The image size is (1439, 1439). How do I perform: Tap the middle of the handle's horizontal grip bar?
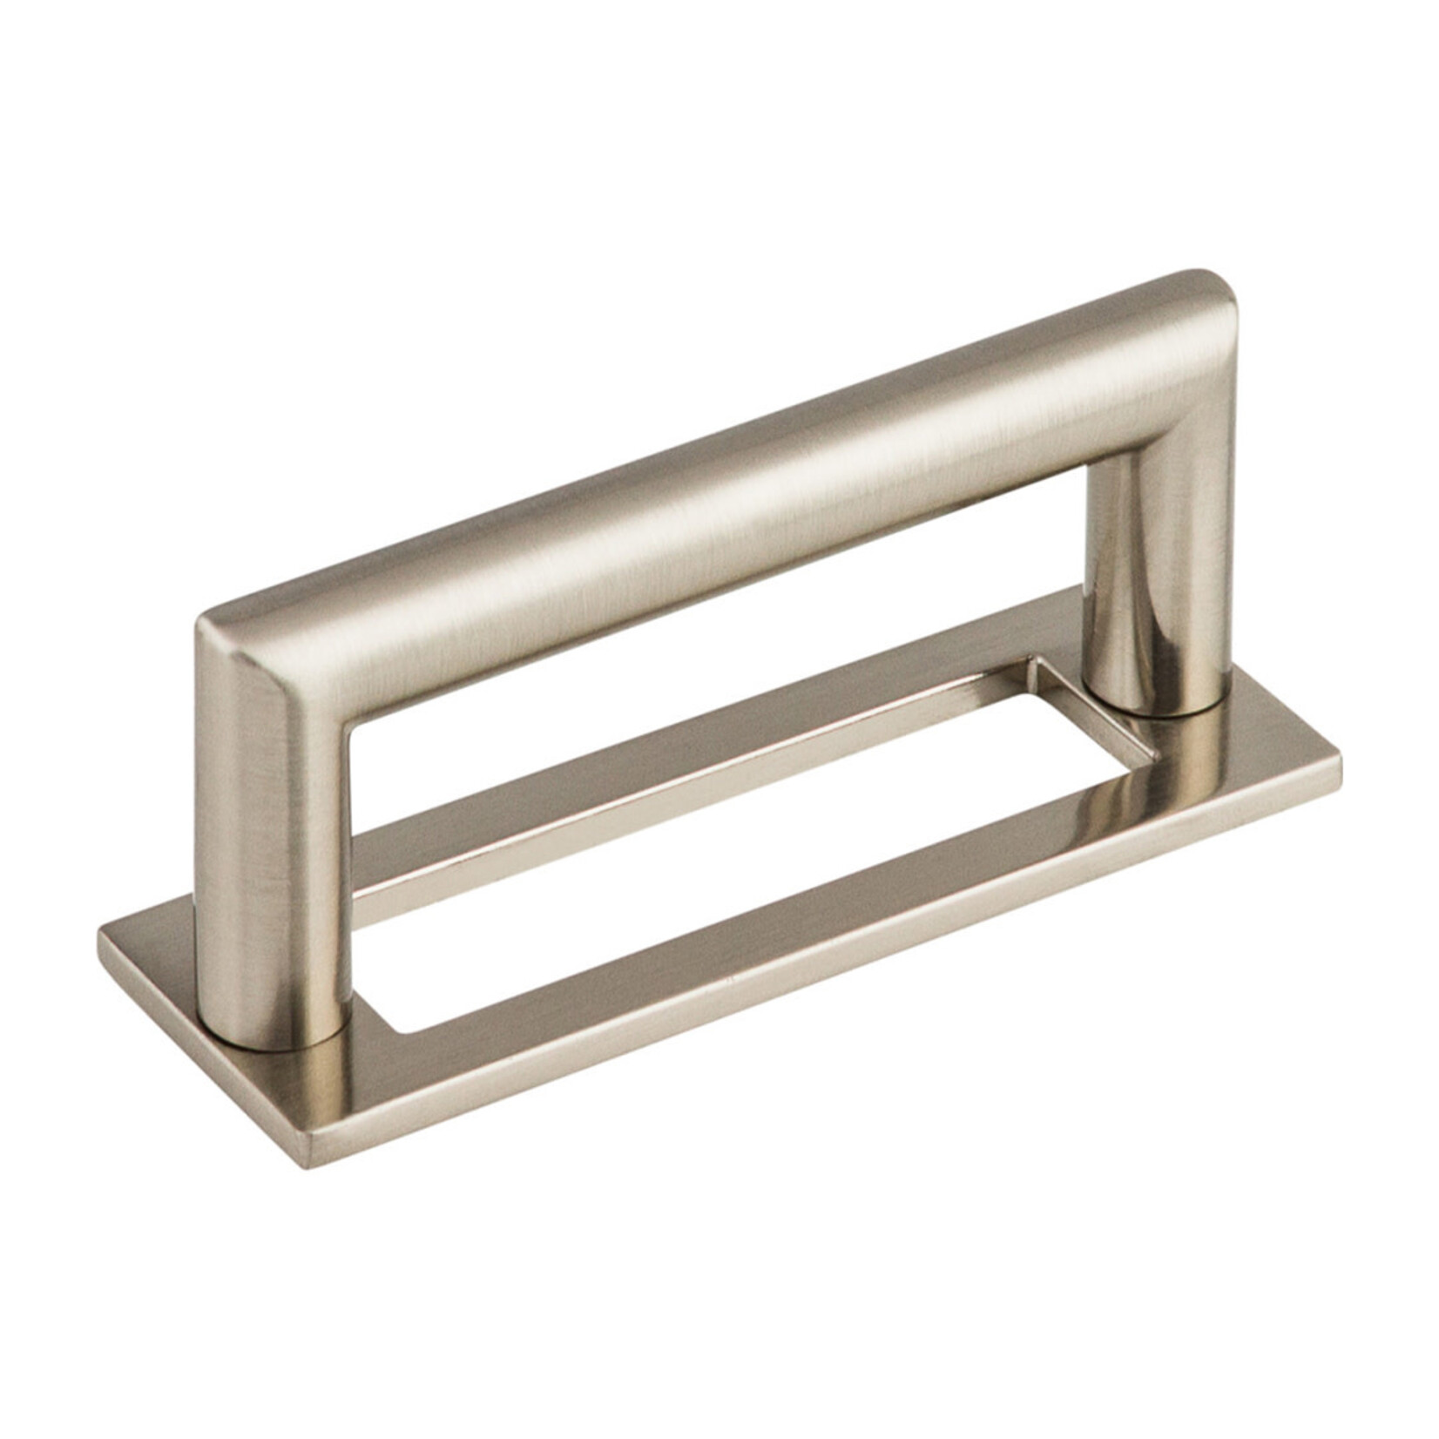click(x=714, y=488)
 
